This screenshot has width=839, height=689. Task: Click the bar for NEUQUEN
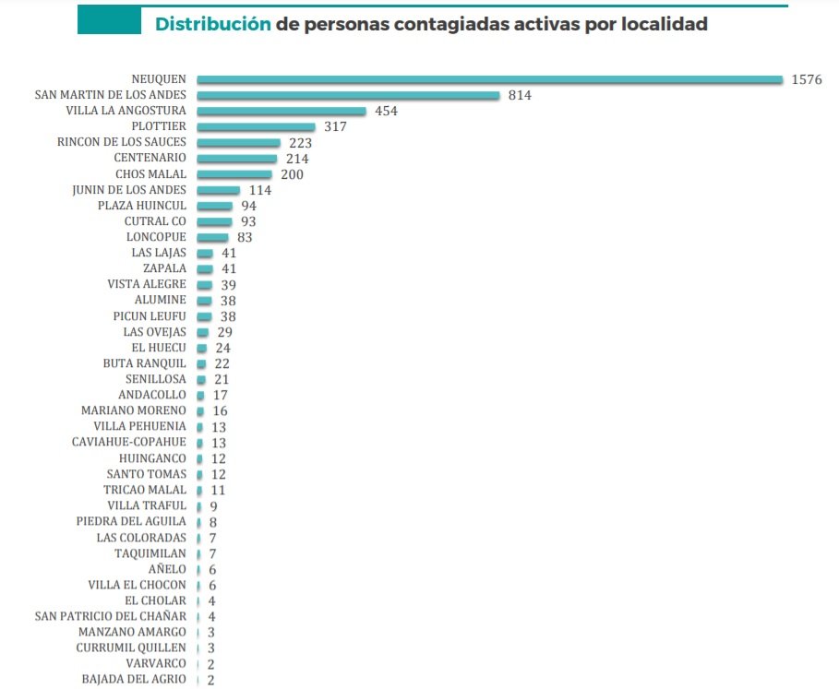(x=489, y=79)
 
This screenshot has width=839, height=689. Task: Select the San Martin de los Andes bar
(x=348, y=95)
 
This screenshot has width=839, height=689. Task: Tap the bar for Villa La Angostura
(x=282, y=111)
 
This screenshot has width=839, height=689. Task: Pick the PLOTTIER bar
(x=256, y=126)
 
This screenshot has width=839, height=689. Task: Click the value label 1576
(x=806, y=79)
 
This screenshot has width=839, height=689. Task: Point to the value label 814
(x=520, y=95)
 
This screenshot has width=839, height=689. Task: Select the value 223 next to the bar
(x=300, y=143)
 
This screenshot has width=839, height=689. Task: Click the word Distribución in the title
(x=213, y=24)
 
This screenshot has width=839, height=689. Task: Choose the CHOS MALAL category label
(x=150, y=173)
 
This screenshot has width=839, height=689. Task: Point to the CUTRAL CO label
(x=155, y=221)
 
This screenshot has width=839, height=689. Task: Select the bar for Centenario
(x=236, y=159)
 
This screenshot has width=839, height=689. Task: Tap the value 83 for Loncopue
(x=244, y=237)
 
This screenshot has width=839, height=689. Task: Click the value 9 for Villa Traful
(x=213, y=505)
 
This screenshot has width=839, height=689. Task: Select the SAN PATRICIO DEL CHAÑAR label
(x=110, y=616)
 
